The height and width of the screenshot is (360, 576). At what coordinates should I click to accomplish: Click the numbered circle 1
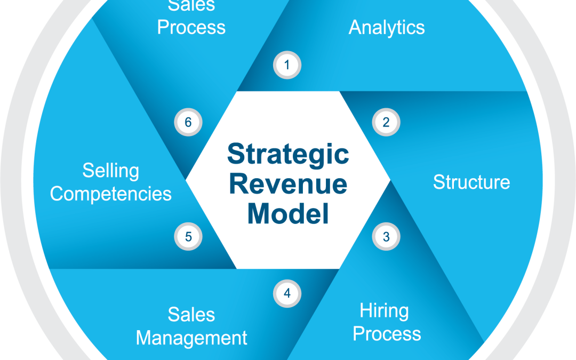[287, 66]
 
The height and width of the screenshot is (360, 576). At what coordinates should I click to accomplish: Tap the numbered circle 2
[386, 122]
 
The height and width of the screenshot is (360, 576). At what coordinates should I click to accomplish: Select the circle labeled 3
[386, 236]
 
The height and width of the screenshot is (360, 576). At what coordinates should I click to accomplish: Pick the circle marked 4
[287, 293]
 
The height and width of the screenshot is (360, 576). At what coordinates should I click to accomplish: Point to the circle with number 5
[188, 236]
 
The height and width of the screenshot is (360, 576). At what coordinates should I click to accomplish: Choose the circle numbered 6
[188, 122]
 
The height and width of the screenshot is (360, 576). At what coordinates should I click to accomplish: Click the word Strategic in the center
[288, 155]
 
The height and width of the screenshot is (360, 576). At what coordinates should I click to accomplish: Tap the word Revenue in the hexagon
[288, 184]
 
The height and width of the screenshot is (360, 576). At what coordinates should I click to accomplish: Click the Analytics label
[387, 28]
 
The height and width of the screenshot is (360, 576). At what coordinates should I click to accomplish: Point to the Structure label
[471, 182]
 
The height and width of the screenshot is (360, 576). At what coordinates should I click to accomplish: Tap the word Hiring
[384, 310]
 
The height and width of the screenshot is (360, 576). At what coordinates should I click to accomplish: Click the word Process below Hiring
[387, 334]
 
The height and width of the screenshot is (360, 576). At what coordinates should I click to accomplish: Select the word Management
[192, 338]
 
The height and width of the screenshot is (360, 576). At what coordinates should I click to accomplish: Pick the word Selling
[110, 171]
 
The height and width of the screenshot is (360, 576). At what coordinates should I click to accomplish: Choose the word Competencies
[111, 194]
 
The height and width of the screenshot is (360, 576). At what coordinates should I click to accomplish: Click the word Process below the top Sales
[191, 27]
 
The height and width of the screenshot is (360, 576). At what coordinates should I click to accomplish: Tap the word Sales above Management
[191, 314]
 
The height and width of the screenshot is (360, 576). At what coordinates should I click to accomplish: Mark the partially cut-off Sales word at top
[191, 6]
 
